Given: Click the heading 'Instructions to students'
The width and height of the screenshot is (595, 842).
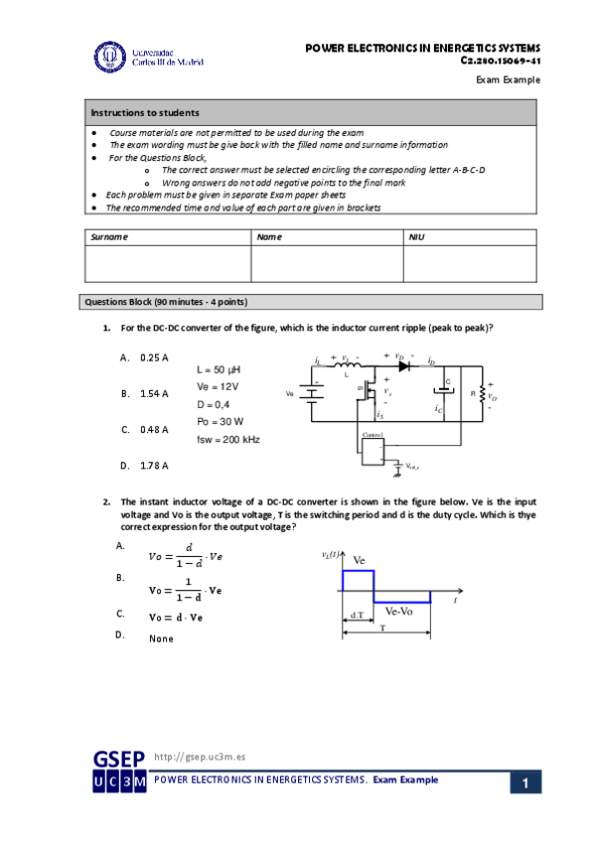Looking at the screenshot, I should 145,112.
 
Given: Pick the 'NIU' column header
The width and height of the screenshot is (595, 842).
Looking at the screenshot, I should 417,237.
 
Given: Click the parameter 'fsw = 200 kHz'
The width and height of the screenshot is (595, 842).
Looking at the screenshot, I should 228,439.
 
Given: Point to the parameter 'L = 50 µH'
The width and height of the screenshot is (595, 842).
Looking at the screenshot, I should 220,368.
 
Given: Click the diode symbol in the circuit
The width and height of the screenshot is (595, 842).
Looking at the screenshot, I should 404,365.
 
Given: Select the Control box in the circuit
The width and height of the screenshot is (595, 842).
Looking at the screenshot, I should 373,450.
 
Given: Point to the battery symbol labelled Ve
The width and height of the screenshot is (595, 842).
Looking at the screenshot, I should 311,394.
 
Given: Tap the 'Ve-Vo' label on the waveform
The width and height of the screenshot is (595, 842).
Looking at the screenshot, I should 401,612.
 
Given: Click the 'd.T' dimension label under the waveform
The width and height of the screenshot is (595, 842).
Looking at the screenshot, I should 358,616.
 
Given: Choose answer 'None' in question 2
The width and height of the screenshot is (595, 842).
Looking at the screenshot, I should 161,638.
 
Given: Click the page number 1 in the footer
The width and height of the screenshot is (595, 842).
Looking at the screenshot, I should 525,783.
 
